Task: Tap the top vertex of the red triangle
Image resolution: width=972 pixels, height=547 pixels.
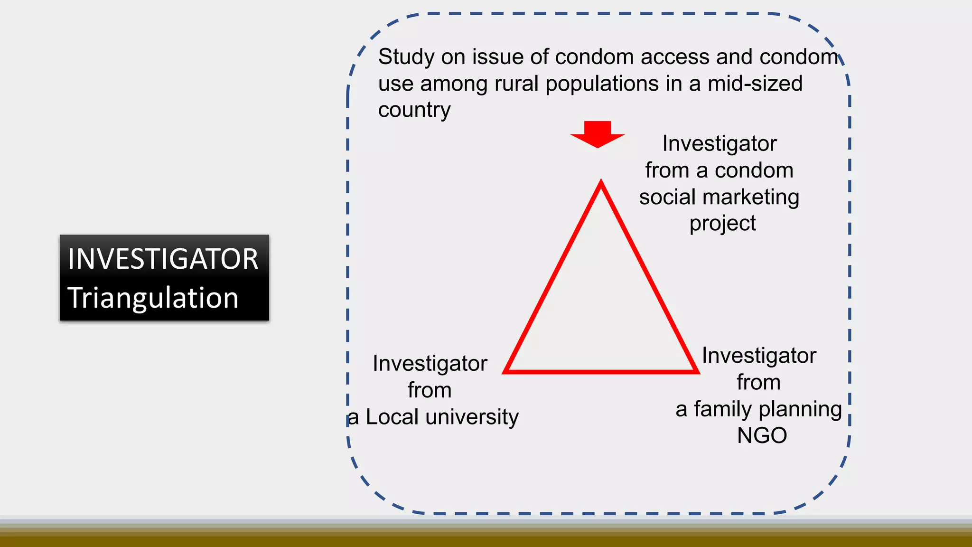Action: pos(601,183)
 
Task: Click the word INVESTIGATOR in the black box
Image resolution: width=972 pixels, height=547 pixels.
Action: pos(163,259)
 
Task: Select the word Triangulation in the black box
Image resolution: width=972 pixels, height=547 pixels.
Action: pos(153,298)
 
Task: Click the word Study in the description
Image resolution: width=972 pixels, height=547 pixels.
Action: pos(406,57)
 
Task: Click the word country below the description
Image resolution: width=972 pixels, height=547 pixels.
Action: pos(414,110)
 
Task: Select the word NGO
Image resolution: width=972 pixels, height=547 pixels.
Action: pos(762,435)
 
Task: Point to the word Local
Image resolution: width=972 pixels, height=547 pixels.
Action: pos(393,417)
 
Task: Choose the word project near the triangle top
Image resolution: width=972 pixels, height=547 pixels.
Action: pos(722,224)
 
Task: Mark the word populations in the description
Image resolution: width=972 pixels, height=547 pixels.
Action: pos(603,84)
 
